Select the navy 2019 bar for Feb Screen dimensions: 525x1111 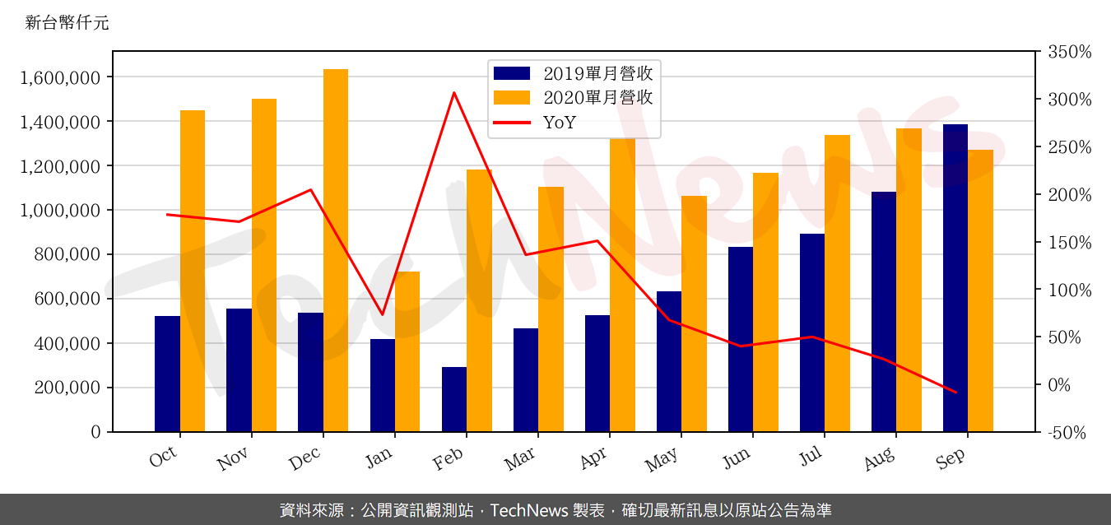click(454, 399)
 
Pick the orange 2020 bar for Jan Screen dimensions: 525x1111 click(407, 351)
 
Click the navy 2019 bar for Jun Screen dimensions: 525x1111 click(741, 339)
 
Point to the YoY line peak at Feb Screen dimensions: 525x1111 click(454, 93)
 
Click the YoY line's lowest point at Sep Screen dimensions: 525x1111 click(955, 393)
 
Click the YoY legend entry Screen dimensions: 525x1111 click(560, 123)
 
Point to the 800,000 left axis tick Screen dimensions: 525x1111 click(67, 255)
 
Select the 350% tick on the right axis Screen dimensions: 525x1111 click(1069, 53)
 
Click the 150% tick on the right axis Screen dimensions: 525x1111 click(1069, 243)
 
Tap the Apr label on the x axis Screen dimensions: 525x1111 click(594, 458)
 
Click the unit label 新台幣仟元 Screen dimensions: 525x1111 click(67, 23)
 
